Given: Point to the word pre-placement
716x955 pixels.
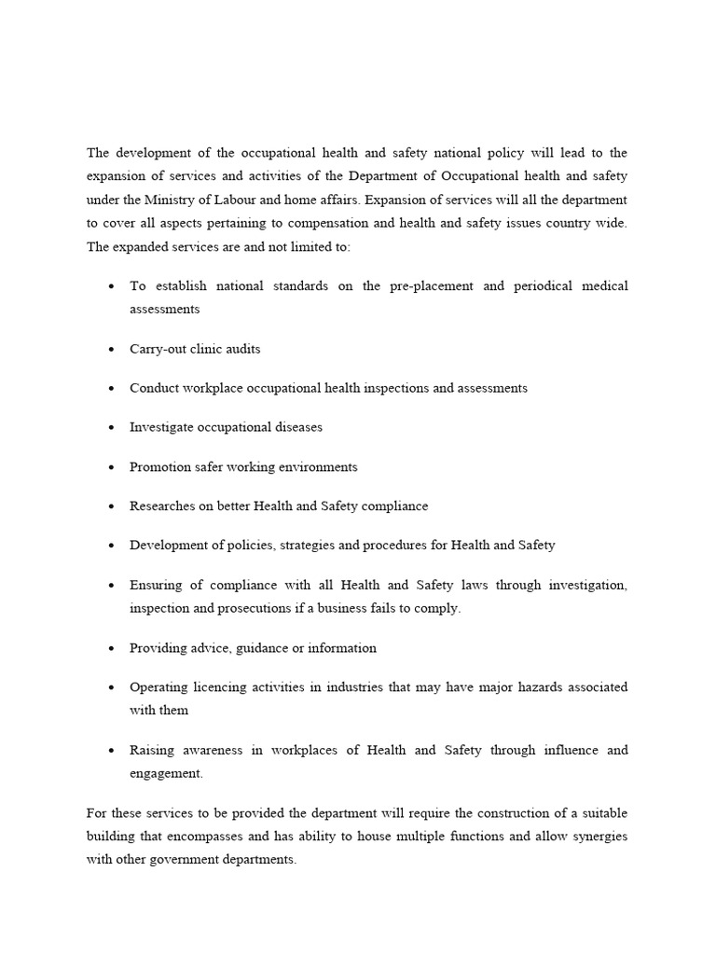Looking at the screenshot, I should click(x=428, y=285).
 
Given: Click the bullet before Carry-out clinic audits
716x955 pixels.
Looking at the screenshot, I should click(x=112, y=350).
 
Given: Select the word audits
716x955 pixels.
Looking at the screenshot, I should click(x=241, y=349).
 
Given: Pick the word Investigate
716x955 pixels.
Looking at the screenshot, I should click(x=163, y=427).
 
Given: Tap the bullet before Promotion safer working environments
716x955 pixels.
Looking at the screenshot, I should click(x=112, y=467).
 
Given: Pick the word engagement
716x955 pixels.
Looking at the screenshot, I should click(x=166, y=774).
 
